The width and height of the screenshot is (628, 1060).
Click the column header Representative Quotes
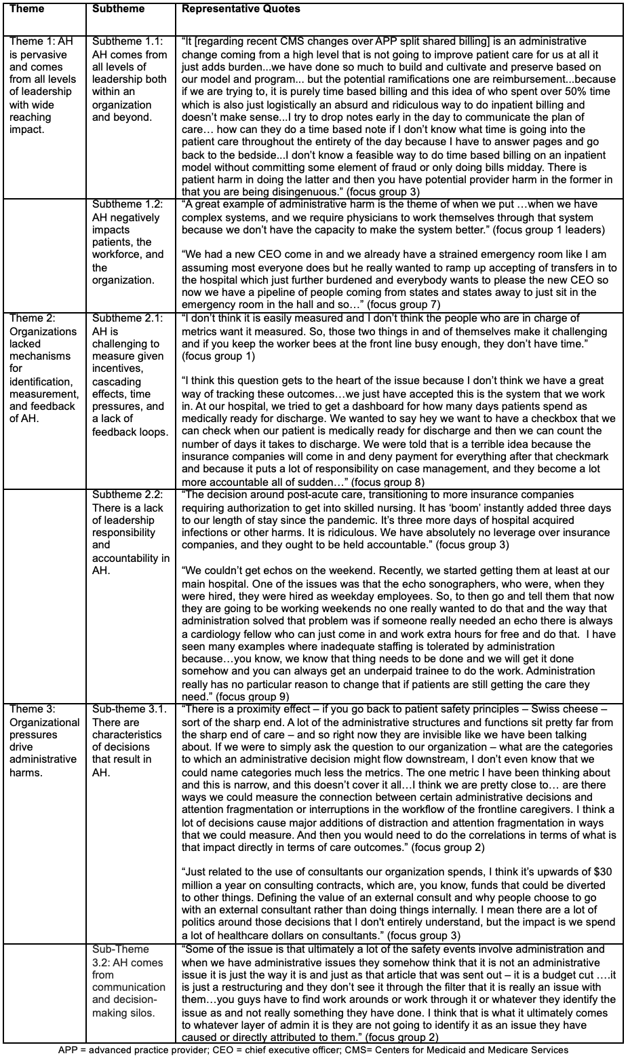(x=241, y=10)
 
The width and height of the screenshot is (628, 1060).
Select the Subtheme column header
(x=116, y=10)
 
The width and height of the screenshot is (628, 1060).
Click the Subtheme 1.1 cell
(x=130, y=79)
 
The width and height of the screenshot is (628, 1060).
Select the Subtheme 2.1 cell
(x=128, y=375)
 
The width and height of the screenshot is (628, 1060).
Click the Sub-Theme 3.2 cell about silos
(x=129, y=987)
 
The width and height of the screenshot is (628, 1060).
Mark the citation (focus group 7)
(x=405, y=305)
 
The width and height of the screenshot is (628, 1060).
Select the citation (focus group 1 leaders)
(x=549, y=230)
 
